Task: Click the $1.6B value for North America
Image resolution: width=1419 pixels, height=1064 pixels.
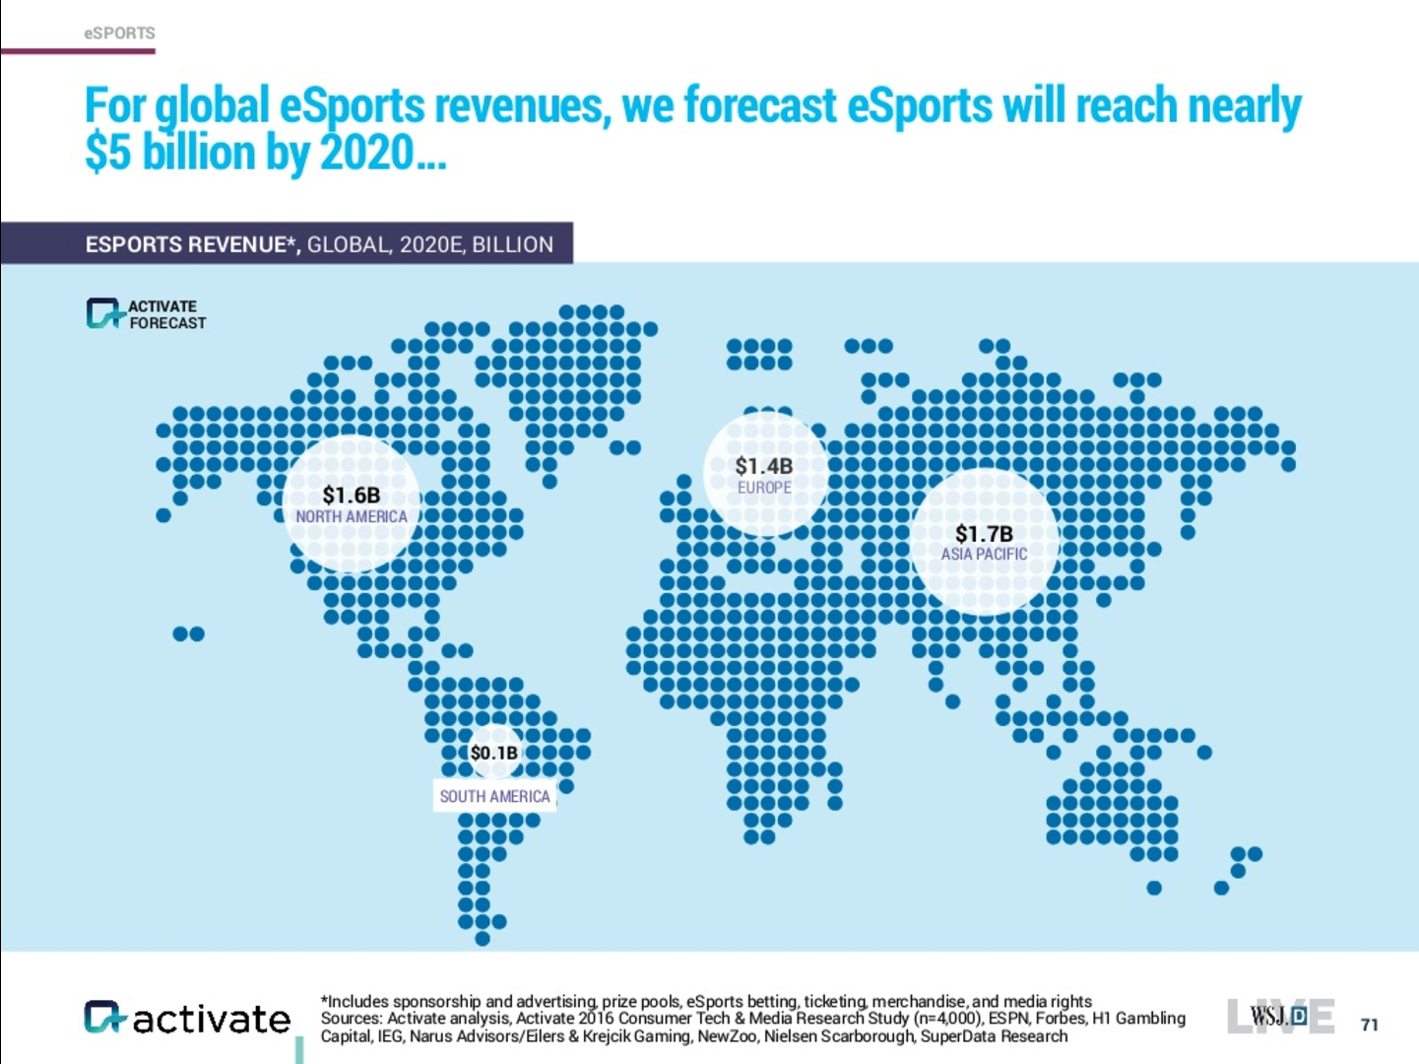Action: (x=352, y=496)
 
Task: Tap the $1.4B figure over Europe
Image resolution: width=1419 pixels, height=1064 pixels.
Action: (x=764, y=466)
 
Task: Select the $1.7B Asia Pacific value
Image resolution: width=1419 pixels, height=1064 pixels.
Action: (x=984, y=534)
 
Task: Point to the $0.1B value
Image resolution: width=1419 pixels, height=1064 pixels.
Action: (x=493, y=754)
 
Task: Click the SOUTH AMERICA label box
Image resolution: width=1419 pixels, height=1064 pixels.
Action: (x=494, y=796)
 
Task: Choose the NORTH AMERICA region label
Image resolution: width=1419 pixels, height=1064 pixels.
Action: (x=352, y=517)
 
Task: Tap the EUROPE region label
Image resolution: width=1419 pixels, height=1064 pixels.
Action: (x=764, y=488)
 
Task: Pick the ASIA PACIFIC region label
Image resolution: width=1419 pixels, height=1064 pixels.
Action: (x=984, y=555)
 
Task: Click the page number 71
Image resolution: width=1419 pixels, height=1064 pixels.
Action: (x=1369, y=1025)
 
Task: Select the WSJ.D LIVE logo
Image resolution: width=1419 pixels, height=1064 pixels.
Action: (x=1279, y=1016)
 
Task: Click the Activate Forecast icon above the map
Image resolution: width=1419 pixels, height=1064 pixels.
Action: (x=103, y=313)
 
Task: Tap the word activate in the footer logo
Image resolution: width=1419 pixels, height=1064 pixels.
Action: (x=212, y=1019)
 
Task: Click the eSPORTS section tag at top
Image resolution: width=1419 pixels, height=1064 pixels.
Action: (x=119, y=33)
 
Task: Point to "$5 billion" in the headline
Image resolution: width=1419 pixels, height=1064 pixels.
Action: (x=169, y=154)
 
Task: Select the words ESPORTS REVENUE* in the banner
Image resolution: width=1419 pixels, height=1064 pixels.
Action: (x=192, y=244)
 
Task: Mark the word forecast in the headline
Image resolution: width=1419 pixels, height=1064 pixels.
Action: (x=759, y=105)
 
